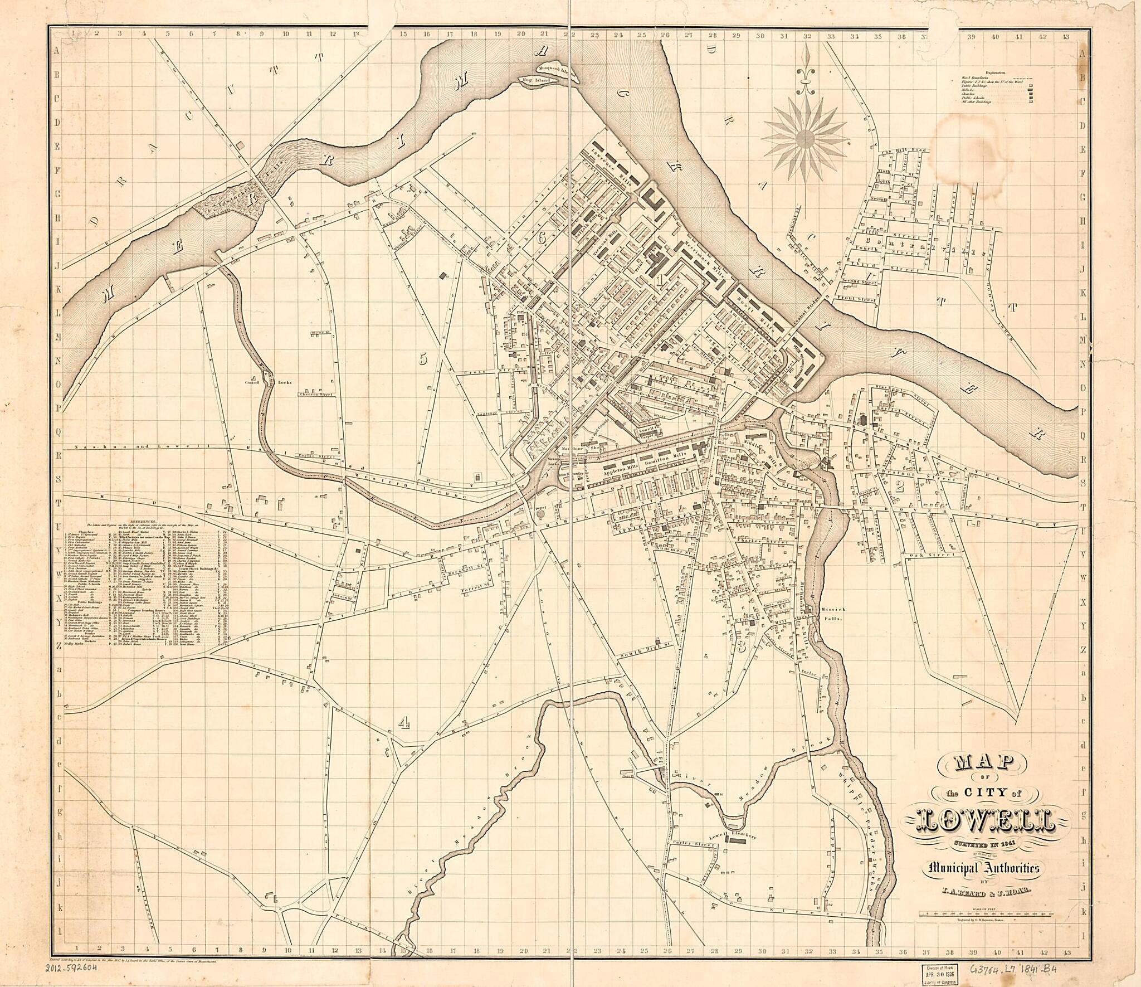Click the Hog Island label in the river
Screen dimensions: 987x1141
coord(537,80)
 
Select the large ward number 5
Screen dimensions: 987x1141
coord(423,359)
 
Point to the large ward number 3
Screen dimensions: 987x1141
coord(741,647)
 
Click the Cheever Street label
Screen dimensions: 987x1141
coord(316,395)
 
